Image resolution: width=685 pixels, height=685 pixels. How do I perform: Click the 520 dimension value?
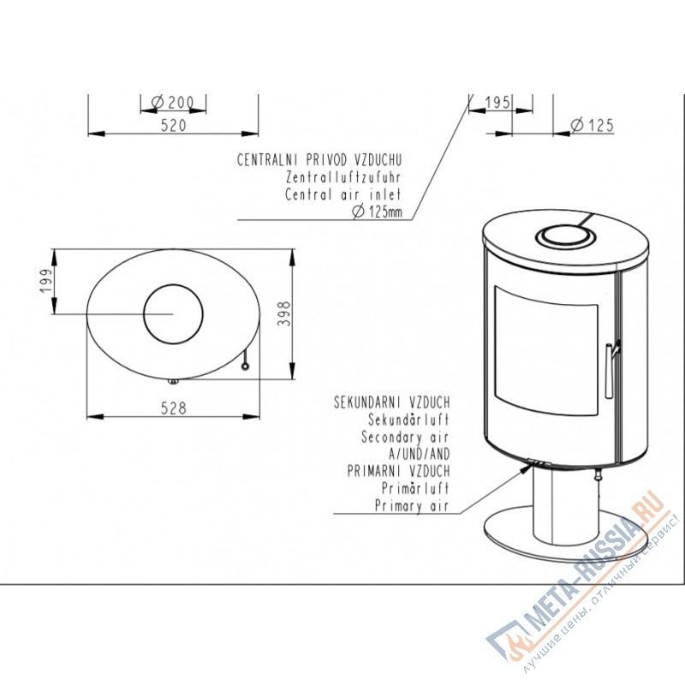point(174,126)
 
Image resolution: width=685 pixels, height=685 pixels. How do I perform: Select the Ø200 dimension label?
point(172,103)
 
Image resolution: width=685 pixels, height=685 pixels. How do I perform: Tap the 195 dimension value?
point(497,103)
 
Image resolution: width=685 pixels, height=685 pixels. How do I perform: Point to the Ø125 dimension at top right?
point(593,125)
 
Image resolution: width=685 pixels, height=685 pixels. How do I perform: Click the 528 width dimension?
point(174,408)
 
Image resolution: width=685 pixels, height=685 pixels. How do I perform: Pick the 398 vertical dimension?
point(284,313)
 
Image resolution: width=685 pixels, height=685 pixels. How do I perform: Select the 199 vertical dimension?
point(46,281)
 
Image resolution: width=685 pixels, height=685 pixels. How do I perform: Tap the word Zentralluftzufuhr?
point(343,177)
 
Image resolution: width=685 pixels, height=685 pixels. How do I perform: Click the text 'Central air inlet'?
point(343,194)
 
